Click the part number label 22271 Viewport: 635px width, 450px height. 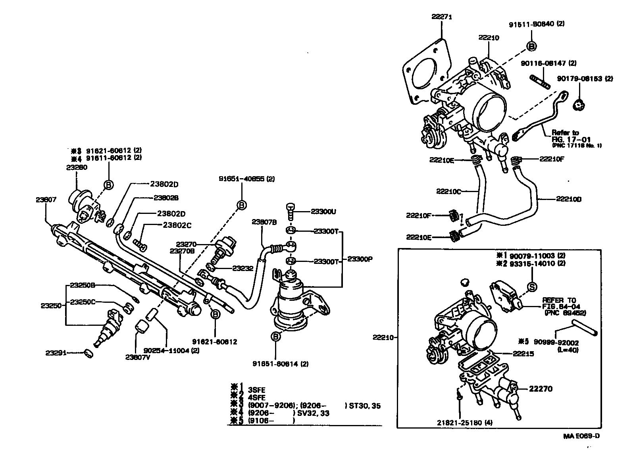tap(442, 17)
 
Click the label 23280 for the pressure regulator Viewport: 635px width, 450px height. tap(77, 167)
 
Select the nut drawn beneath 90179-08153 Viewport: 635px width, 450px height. tap(580, 106)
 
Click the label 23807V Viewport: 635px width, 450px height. tap(137, 357)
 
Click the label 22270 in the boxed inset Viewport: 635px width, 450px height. tap(541, 389)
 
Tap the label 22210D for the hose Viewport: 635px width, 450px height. tap(568, 199)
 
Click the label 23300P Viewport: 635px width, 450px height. tap(360, 259)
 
